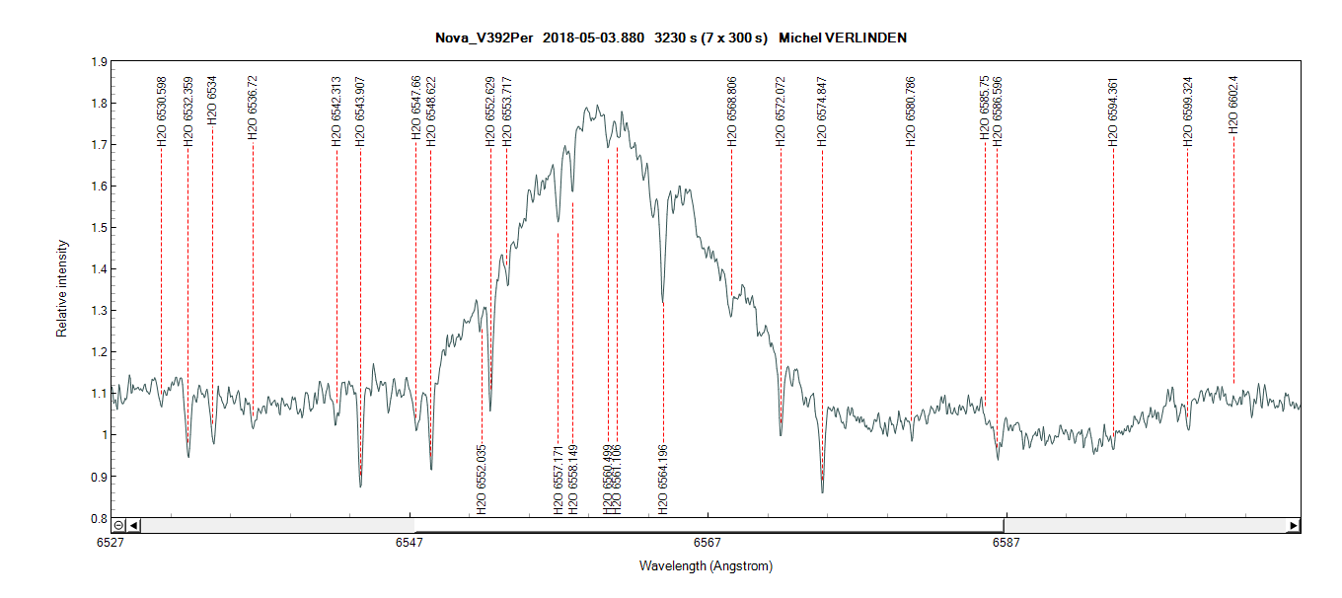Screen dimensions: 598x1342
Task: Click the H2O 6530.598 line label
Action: pyautogui.click(x=162, y=112)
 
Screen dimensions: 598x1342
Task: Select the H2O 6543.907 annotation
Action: pyautogui.click(x=360, y=112)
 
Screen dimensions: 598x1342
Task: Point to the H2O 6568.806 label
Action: pyautogui.click(x=732, y=112)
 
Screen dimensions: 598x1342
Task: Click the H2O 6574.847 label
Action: pyautogui.click(x=821, y=112)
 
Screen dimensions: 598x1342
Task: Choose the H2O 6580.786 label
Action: pyautogui.click(x=911, y=112)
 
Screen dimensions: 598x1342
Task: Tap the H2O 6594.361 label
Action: pyautogui.click(x=1113, y=112)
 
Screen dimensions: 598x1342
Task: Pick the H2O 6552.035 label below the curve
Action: pyautogui.click(x=482, y=481)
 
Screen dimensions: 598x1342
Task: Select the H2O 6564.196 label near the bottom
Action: pyautogui.click(x=663, y=481)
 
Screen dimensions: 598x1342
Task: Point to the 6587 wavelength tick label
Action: pyautogui.click(x=1006, y=543)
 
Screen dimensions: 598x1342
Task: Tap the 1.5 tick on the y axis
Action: pyautogui.click(x=99, y=228)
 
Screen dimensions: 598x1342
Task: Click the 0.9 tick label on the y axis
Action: pyautogui.click(x=99, y=477)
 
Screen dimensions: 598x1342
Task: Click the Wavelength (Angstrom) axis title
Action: pyautogui.click(x=706, y=566)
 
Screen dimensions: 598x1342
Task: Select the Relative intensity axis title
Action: pyautogui.click(x=62, y=288)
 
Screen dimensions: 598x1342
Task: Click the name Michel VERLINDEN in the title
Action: pyautogui.click(x=843, y=37)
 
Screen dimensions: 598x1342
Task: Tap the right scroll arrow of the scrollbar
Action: pyautogui.click(x=1293, y=526)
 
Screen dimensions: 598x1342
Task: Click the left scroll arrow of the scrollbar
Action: pyautogui.click(x=134, y=526)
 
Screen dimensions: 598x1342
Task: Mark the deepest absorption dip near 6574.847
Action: pyautogui.click(x=822, y=490)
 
